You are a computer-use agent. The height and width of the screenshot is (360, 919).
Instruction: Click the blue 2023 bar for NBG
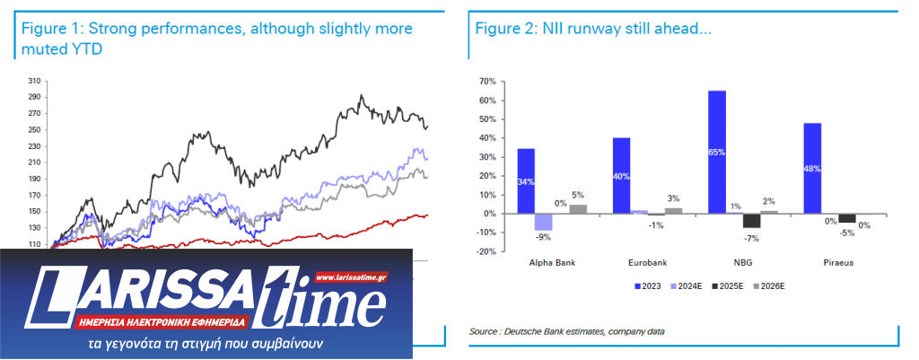click(717, 152)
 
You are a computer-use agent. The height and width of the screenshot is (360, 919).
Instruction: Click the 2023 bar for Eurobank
click(622, 175)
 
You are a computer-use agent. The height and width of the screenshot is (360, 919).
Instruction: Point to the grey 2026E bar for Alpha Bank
click(578, 209)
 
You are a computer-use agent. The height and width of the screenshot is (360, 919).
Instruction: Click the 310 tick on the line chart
click(37, 80)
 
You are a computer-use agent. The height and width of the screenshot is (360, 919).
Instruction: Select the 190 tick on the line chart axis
click(37, 179)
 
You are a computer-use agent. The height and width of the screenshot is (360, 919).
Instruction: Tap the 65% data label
click(717, 153)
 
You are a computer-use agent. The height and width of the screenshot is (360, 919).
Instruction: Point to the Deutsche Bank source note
click(565, 332)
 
